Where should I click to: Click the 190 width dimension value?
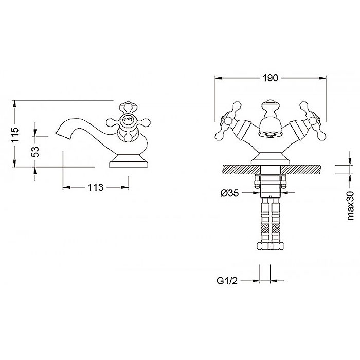(x=270, y=78)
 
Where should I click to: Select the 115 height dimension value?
(x=15, y=135)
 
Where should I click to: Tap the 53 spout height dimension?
(x=35, y=152)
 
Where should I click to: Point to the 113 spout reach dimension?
(x=96, y=187)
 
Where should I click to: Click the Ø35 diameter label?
(x=229, y=193)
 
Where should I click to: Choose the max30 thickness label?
(x=351, y=206)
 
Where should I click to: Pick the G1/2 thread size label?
(x=227, y=281)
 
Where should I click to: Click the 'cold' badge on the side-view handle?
(x=128, y=119)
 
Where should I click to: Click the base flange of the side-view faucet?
(x=129, y=161)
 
